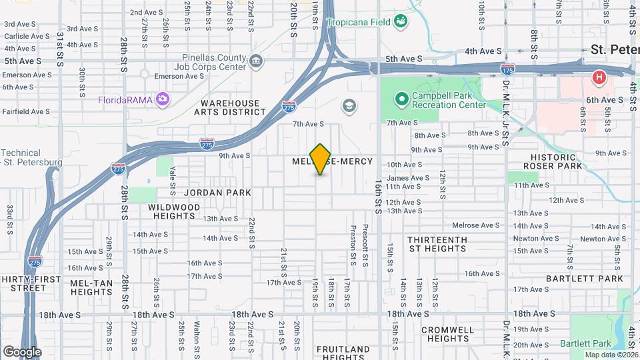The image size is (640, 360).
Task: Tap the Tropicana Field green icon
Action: (x=401, y=22)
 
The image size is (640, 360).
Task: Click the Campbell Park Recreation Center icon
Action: (x=401, y=100)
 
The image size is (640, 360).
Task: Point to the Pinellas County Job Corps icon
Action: (x=256, y=62)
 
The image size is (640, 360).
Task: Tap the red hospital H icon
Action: (x=599, y=78)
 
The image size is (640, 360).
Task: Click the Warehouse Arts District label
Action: (x=233, y=108)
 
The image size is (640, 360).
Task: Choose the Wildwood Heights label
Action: (x=174, y=212)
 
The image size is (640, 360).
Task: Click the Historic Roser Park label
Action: (x=553, y=161)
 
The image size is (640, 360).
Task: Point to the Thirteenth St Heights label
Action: (x=437, y=244)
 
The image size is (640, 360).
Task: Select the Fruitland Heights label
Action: (x=343, y=353)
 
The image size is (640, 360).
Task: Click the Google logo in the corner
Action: (x=22, y=351)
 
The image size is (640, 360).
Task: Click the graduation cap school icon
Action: (x=349, y=105)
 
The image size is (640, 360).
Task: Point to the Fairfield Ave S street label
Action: (x=27, y=111)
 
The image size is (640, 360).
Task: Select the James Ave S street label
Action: (x=408, y=178)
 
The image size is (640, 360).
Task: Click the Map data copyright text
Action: (x=610, y=355)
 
